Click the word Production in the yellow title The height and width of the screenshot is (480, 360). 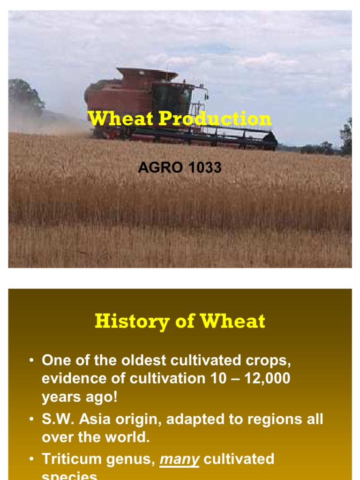tap(215, 119)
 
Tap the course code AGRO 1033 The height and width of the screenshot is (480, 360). tap(180, 167)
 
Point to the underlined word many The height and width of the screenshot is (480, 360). tap(180, 458)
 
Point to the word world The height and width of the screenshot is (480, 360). tap(128, 437)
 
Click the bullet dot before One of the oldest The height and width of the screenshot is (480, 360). tap(31, 361)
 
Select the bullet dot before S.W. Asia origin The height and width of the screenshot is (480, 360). tap(31, 419)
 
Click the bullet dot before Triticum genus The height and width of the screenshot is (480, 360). tap(31, 459)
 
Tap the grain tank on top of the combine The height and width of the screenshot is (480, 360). tap(147, 74)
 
